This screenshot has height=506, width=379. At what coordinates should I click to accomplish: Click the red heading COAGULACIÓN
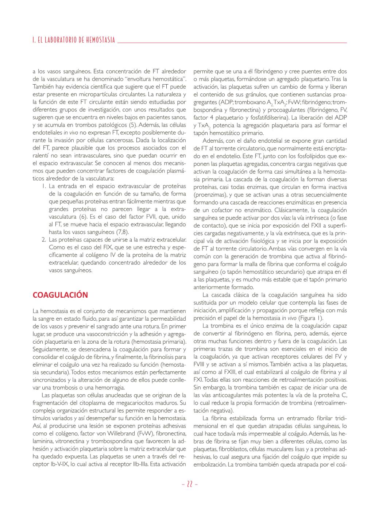[x=60, y=295]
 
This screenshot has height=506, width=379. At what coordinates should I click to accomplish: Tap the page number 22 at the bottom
[x=190, y=484]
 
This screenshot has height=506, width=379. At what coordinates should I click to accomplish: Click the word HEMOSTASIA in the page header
[x=100, y=40]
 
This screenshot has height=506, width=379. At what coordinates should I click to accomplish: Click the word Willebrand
[x=121, y=434]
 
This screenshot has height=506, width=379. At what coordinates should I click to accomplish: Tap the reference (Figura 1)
[x=310, y=318]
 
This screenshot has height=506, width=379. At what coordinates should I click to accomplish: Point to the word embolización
[x=209, y=464]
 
